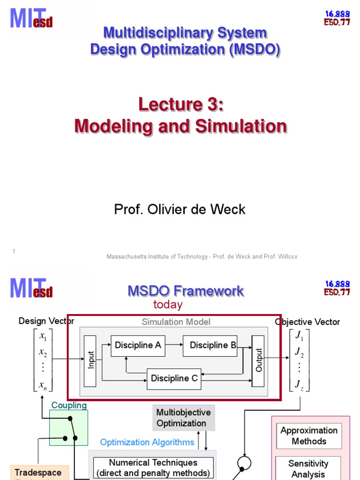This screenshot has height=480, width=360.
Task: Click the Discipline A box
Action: coord(137,345)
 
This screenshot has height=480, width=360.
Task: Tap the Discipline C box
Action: coord(174,379)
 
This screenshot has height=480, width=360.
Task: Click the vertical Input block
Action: coord(90,360)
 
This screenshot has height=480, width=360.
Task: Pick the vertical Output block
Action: coord(258,360)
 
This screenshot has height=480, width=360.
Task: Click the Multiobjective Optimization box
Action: coord(183,418)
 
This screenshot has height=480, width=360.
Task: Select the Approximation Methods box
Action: coord(308,435)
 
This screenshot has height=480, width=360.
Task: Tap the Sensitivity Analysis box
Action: coord(308,469)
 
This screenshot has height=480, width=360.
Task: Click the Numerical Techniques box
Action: coord(153,468)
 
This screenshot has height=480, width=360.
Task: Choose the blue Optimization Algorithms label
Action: coord(147,442)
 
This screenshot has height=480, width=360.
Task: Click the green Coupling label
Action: coord(69,405)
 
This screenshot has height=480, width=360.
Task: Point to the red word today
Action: coord(167,305)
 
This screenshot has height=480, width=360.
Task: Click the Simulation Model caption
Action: coord(176,322)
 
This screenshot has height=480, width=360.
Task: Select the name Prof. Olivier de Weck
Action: coord(180,209)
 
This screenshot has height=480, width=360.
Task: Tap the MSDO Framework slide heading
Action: coord(186,291)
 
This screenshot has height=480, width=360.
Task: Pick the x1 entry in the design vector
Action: coord(43,337)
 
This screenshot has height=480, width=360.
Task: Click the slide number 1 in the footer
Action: coord(14,252)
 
